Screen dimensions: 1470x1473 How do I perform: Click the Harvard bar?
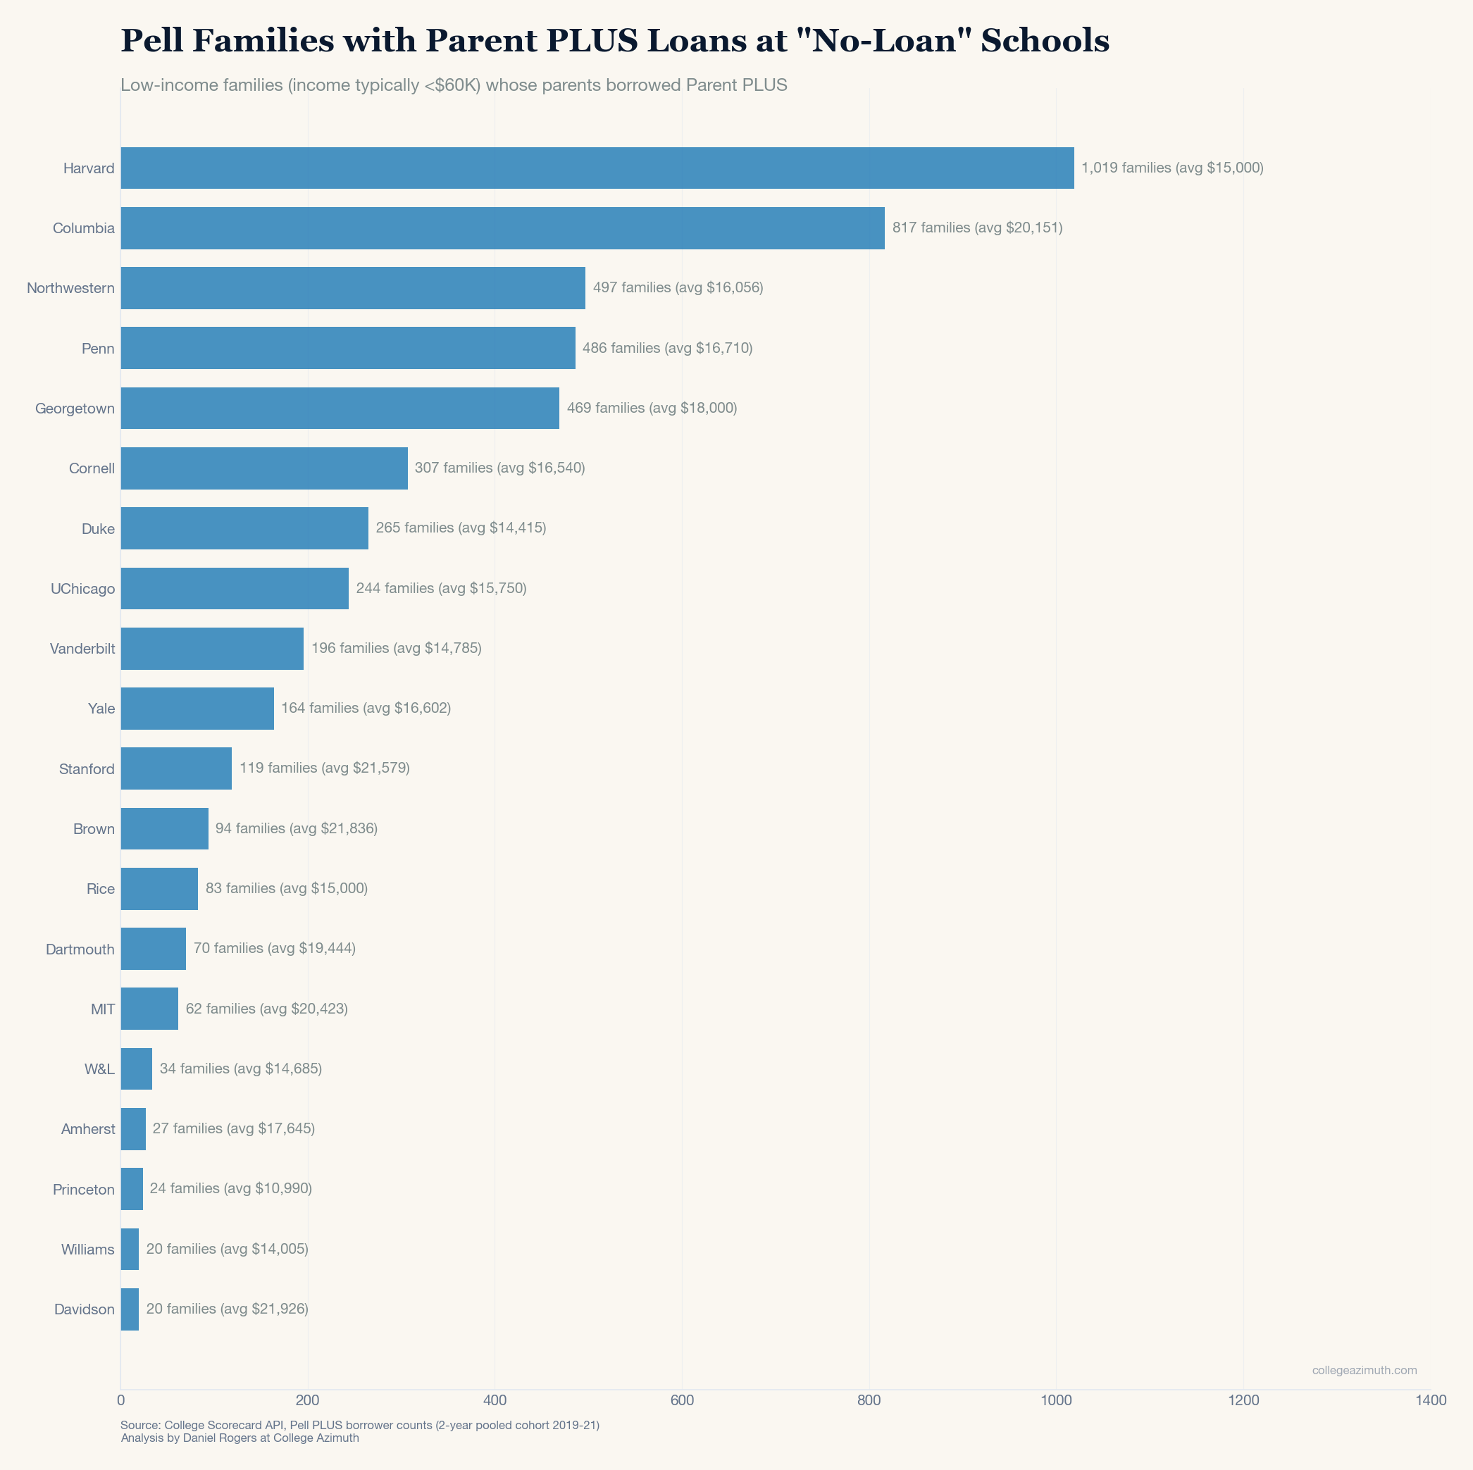pyautogui.click(x=597, y=168)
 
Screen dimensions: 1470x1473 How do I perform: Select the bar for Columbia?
pyautogui.click(x=502, y=228)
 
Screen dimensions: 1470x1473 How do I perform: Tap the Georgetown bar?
pyautogui.click(x=340, y=408)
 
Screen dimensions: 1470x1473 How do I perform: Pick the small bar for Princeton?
pyautogui.click(x=131, y=1189)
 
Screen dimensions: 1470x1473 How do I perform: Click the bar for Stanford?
pyautogui.click(x=176, y=768)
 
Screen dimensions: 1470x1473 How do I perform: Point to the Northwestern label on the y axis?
pyautogui.click(x=71, y=288)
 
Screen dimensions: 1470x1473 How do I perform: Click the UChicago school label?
pyautogui.click(x=82, y=589)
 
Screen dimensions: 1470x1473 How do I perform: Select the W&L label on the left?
pyautogui.click(x=100, y=1069)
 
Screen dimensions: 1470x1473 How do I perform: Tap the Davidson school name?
pyautogui.click(x=85, y=1310)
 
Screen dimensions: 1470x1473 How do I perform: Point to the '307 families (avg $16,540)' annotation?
pyautogui.click(x=499, y=468)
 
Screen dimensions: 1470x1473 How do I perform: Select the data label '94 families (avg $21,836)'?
pyautogui.click(x=297, y=828)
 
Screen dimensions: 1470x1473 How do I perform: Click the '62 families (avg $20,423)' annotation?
pyautogui.click(x=267, y=1009)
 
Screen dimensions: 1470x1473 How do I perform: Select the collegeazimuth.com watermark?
pyautogui.click(x=1364, y=1370)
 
